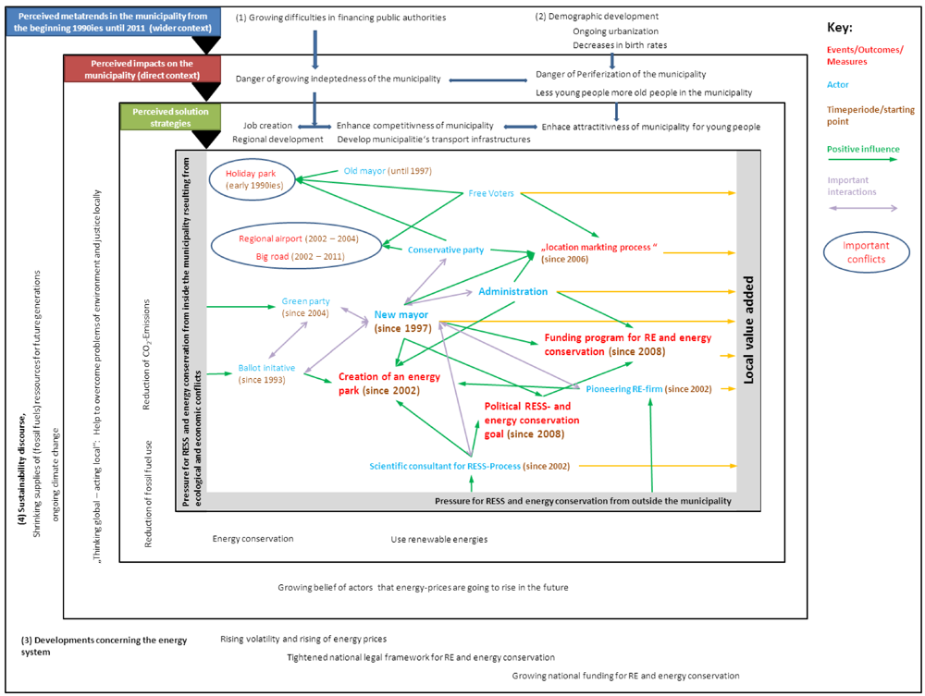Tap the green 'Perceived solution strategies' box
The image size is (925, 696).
point(156,116)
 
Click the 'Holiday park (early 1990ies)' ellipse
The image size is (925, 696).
point(253,178)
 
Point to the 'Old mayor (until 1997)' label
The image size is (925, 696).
point(388,171)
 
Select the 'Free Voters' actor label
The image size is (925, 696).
point(491,193)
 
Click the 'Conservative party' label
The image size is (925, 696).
point(446,250)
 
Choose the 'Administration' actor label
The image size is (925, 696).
point(512,291)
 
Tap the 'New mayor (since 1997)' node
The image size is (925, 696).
point(404,322)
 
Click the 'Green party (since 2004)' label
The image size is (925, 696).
point(305,308)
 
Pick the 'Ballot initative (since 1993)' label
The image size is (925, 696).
point(266,372)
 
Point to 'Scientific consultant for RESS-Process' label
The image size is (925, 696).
point(444,466)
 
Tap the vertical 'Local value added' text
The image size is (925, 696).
point(748,329)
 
